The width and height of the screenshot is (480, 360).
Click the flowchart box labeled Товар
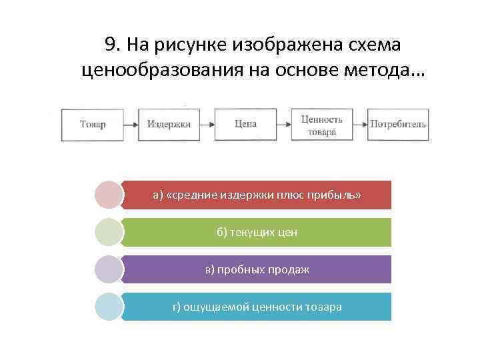93,124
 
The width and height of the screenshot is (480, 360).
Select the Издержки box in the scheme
169,124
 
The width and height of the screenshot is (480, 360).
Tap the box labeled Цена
245,124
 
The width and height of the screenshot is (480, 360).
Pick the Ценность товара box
322,124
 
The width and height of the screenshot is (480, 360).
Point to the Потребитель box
398,124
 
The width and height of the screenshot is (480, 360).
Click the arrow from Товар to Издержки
131,124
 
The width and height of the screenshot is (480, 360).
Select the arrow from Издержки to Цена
207,124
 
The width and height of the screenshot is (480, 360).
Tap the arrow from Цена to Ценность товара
284,124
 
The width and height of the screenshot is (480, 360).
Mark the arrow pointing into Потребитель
360,124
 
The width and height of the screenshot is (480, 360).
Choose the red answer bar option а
257,195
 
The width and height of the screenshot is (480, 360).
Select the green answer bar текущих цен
257,232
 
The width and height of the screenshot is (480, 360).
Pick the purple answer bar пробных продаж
257,269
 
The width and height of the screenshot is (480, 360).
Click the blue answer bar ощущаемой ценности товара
257,307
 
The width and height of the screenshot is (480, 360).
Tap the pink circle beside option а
109,195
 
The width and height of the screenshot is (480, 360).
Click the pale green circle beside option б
109,232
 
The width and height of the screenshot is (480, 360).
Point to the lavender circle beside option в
109,269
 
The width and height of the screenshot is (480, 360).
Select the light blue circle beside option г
109,307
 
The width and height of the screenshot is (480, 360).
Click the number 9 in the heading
111,45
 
